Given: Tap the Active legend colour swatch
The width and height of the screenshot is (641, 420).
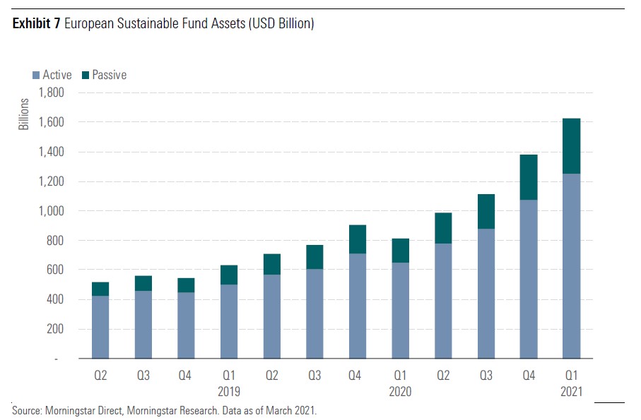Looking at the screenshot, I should (x=35, y=75).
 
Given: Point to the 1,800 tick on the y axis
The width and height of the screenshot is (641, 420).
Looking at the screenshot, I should (x=50, y=92).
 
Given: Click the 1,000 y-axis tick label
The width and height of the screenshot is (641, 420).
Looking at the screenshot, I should (x=50, y=210).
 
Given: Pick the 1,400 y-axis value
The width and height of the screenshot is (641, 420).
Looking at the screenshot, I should (x=50, y=152).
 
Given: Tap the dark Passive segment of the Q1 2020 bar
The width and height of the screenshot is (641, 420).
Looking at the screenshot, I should (x=401, y=251).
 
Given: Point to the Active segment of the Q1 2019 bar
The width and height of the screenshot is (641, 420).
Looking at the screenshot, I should (x=228, y=321).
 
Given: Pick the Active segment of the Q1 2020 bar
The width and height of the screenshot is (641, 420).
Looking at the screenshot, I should (x=401, y=311).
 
